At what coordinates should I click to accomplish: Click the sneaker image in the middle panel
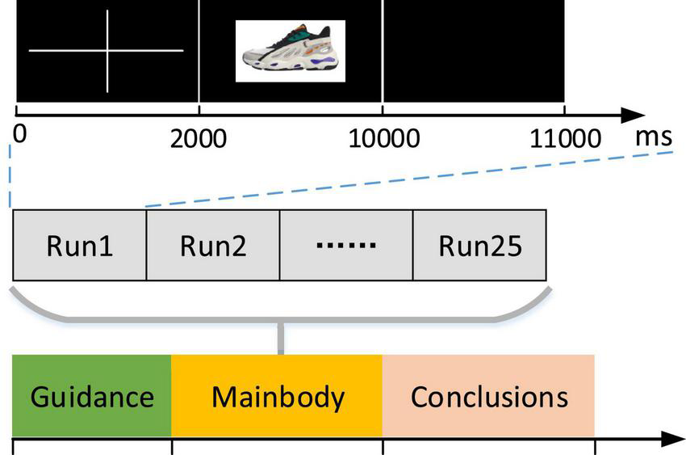point(290,51)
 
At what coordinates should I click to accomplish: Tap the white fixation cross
point(107,51)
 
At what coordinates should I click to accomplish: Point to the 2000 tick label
point(199,138)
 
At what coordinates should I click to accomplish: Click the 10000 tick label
point(383,138)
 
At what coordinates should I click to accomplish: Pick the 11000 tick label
point(565,138)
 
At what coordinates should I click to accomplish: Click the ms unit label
point(653,136)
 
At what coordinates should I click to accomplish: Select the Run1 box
point(79,245)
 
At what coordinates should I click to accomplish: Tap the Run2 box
point(213,245)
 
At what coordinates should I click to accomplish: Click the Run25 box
point(479,245)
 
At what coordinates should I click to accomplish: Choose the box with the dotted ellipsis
point(346,245)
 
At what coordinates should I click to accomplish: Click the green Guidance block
point(92,397)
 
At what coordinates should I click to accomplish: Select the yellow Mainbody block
point(277,397)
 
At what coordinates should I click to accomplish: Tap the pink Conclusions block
point(488,397)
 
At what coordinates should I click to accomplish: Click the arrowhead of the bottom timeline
point(673,440)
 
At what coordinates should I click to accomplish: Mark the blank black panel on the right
point(474,51)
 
